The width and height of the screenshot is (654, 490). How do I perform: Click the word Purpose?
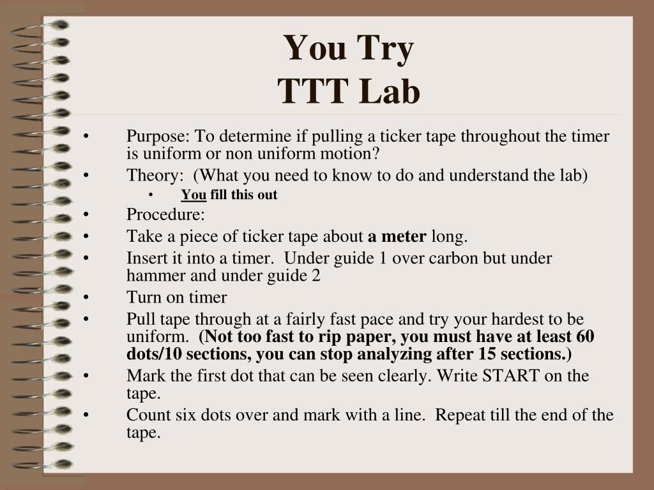158,137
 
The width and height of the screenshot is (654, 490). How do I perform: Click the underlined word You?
194,195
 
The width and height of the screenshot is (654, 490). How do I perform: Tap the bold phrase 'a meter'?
397,236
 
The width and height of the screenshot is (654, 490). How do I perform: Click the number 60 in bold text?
585,336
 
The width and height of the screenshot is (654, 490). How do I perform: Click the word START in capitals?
511,375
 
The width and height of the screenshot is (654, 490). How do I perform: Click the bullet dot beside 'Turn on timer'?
86,297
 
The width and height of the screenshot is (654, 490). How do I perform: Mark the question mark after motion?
376,153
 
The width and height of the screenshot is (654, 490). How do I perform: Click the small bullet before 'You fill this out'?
151,195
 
